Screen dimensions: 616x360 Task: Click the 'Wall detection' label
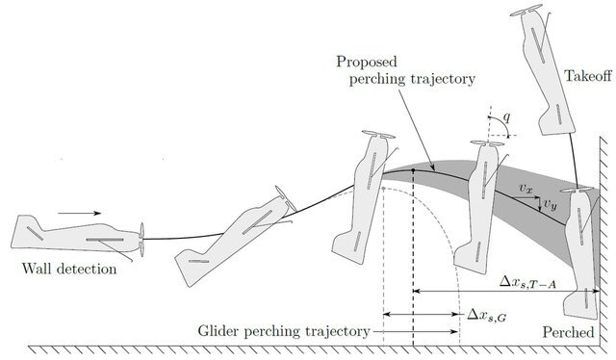(69, 270)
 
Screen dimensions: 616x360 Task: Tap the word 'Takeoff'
(588, 75)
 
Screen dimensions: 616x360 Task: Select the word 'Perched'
(568, 332)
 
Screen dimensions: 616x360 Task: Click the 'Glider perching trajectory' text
(284, 331)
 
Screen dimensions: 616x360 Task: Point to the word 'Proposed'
(367, 62)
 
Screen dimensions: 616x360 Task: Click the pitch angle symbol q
(507, 117)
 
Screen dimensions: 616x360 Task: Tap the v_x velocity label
(526, 189)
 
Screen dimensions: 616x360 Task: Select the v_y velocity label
(551, 204)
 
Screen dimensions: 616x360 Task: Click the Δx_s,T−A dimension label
(527, 282)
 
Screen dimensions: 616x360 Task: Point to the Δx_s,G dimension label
(486, 315)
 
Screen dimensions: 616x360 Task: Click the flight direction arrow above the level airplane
(79, 214)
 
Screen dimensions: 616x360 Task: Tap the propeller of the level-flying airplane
(141, 240)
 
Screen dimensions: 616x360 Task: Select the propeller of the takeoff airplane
(526, 11)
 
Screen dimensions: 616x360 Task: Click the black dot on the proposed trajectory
(413, 170)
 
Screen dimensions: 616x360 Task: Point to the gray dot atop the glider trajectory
(383, 189)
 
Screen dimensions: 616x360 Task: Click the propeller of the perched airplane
(577, 191)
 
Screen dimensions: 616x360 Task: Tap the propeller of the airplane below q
(487, 143)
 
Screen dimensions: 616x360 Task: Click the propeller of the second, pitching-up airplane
(286, 198)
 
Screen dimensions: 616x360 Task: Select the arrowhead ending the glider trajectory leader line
(454, 332)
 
